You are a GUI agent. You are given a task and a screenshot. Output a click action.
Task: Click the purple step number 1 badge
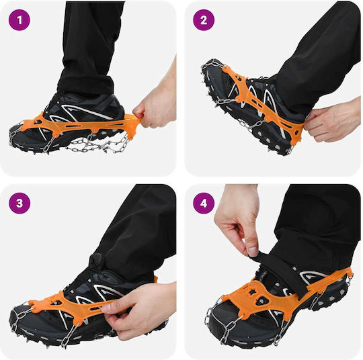[19, 20]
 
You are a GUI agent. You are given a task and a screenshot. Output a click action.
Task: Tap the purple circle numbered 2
[204, 20]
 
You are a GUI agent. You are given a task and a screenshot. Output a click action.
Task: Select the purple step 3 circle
[19, 203]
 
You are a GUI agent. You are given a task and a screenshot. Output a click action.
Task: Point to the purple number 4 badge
[204, 203]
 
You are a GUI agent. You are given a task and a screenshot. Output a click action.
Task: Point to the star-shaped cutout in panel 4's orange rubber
[251, 293]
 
